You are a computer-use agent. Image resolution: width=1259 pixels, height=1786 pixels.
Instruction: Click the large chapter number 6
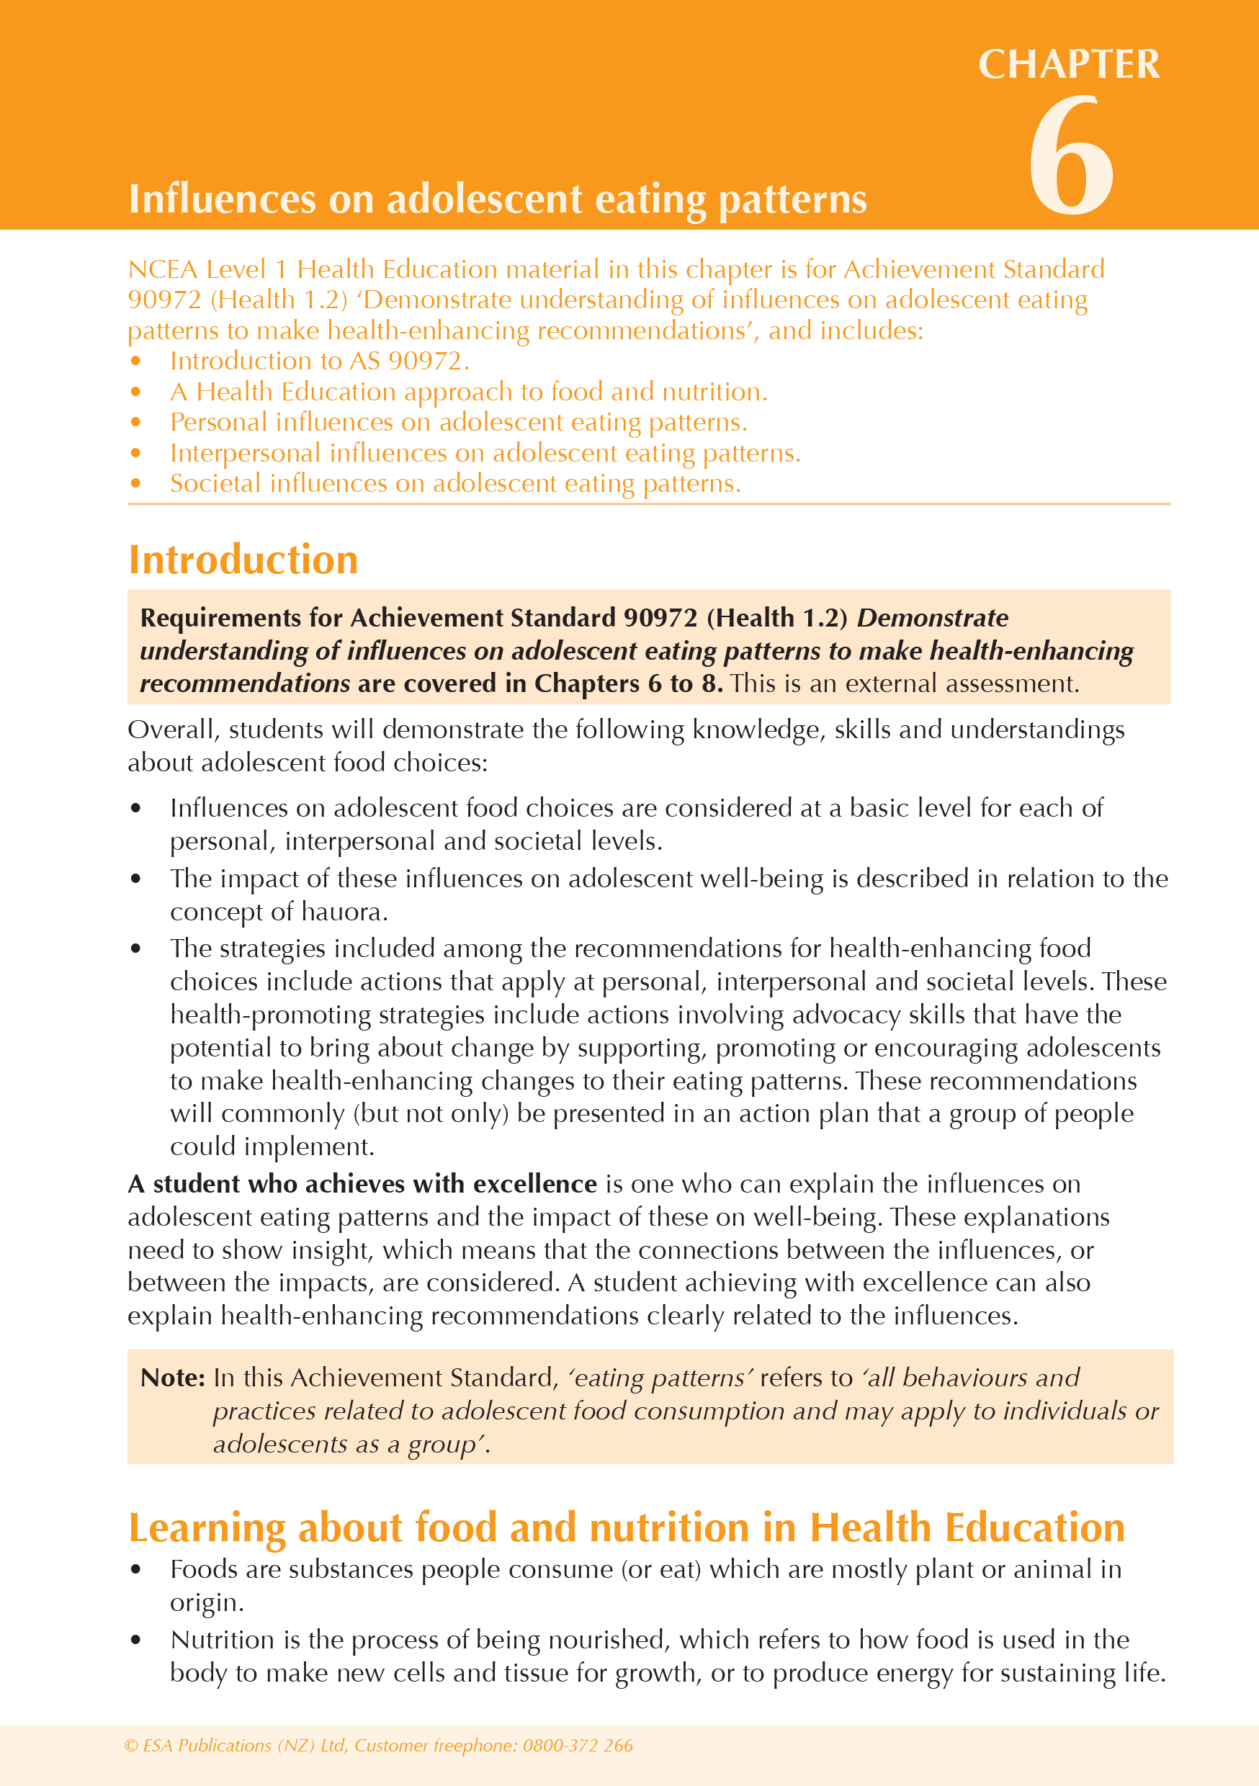1072,156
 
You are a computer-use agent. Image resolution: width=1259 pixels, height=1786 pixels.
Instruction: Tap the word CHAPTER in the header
1068,64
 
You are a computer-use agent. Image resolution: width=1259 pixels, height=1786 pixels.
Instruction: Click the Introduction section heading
243,560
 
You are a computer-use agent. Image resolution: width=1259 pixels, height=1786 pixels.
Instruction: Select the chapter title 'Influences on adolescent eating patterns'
497,199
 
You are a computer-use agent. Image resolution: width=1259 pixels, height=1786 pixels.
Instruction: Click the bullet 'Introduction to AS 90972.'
319,361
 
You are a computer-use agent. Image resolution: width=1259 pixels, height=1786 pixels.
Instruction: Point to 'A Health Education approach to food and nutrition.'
468,392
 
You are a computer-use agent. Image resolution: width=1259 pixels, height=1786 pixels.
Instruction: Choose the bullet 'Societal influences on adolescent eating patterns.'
455,484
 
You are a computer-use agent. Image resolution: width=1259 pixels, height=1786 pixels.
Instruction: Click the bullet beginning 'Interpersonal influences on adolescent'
485,453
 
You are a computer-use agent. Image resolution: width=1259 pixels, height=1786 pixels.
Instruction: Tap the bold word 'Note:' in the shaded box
172,1378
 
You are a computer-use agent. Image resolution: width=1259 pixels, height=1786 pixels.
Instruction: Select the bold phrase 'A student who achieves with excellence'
362,1184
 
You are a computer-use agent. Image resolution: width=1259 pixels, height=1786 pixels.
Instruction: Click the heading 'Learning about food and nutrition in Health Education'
627,1527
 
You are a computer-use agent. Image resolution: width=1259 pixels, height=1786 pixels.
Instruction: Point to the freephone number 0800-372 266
578,1746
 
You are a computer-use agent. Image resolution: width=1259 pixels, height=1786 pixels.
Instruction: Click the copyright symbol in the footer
130,1746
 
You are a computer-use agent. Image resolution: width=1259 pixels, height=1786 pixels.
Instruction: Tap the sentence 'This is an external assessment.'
904,683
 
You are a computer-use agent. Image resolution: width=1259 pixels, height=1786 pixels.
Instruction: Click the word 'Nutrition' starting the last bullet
222,1640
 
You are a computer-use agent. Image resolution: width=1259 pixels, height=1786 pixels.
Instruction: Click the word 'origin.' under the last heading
207,1602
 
